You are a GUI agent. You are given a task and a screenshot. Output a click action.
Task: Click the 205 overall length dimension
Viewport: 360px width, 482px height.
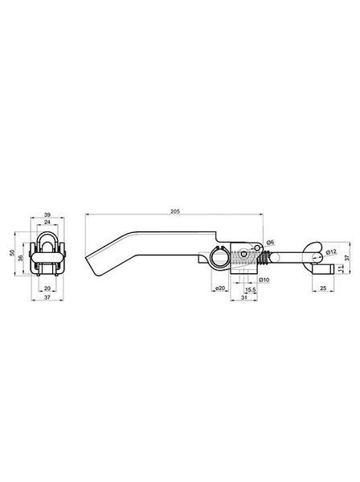click(175, 211)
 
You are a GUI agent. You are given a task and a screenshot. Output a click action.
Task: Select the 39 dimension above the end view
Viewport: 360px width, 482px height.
click(47, 214)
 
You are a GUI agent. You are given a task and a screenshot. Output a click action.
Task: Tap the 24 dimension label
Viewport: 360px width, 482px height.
click(47, 222)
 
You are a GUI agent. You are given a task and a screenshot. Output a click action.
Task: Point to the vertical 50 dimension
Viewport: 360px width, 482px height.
click(12, 253)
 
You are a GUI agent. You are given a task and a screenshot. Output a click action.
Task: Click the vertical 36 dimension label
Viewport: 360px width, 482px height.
click(21, 258)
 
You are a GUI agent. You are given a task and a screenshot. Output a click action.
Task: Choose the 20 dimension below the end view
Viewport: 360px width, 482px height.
click(47, 288)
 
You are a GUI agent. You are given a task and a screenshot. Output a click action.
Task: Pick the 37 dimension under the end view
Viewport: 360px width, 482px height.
click(47, 297)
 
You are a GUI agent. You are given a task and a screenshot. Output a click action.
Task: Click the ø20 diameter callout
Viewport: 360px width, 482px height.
click(220, 288)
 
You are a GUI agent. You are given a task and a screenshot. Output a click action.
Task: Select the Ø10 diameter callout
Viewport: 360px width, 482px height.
click(264, 280)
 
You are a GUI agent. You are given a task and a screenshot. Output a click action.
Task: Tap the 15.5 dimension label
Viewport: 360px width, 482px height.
click(250, 289)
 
